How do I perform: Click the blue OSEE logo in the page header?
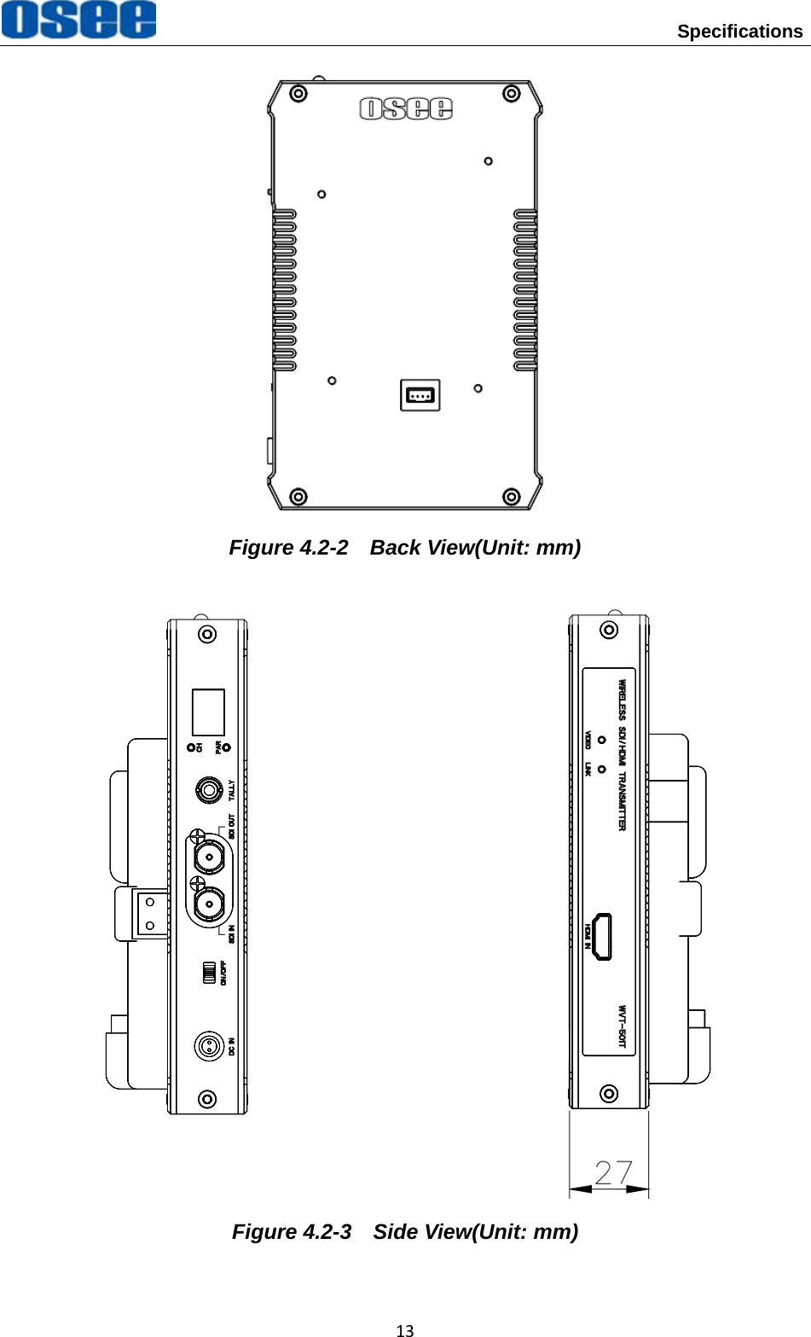(78, 20)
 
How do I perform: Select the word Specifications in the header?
(739, 32)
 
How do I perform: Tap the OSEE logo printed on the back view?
(406, 108)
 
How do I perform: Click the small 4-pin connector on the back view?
(420, 395)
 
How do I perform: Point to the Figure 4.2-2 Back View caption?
(405, 548)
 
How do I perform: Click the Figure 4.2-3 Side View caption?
(405, 1232)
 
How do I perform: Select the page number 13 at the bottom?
(405, 1329)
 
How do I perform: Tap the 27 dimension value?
(613, 1174)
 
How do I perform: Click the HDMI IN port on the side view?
(603, 936)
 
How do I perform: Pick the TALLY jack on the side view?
(208, 790)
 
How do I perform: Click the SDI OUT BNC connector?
(209, 857)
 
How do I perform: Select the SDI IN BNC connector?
(209, 904)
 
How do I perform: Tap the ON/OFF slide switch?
(208, 973)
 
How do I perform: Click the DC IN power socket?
(208, 1045)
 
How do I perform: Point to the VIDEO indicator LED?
(602, 740)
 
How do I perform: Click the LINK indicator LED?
(602, 769)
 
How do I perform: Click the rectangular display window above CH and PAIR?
(208, 712)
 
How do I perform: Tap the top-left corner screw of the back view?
(298, 94)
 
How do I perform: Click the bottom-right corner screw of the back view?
(511, 497)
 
